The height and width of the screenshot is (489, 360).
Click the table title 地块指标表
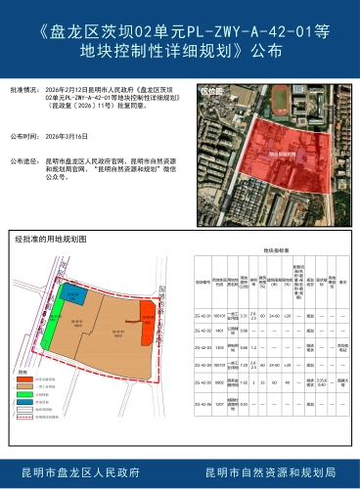point(274,250)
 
